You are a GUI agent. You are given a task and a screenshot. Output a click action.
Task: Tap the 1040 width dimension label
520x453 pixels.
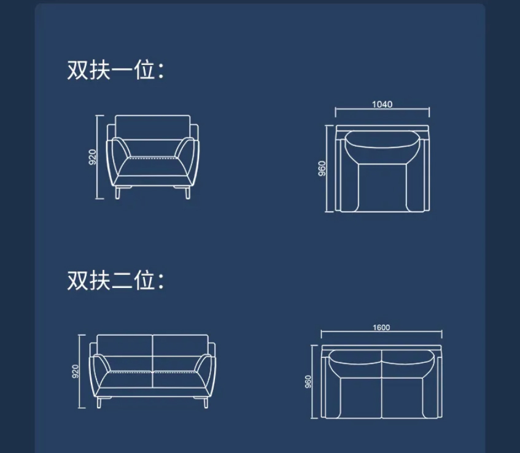[x=382, y=104]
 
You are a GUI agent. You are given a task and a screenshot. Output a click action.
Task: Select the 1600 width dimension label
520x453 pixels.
[x=381, y=328]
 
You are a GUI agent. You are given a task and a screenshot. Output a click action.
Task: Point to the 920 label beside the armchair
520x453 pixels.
[x=93, y=157]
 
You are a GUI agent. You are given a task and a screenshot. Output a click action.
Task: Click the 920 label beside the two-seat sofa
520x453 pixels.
[x=76, y=371]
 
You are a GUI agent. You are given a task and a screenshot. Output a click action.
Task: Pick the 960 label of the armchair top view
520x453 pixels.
[x=322, y=168]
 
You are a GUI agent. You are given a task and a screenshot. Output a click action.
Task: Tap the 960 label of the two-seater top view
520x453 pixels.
[x=308, y=382]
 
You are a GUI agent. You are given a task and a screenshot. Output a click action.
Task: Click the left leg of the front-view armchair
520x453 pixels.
[x=117, y=192]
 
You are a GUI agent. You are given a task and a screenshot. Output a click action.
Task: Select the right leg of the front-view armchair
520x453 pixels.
[x=188, y=192]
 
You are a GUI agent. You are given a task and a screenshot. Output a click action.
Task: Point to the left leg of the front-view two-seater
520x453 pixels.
[x=99, y=402]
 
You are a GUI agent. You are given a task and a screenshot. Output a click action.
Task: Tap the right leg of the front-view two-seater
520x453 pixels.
[x=206, y=402]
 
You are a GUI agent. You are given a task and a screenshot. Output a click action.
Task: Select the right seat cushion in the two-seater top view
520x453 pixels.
[x=402, y=397]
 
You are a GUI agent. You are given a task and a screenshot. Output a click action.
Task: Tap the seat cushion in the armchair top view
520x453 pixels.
[x=382, y=187]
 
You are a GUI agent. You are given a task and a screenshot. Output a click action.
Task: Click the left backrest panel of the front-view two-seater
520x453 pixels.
[x=125, y=345]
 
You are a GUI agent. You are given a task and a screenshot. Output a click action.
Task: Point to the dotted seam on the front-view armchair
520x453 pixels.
[x=152, y=158]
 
